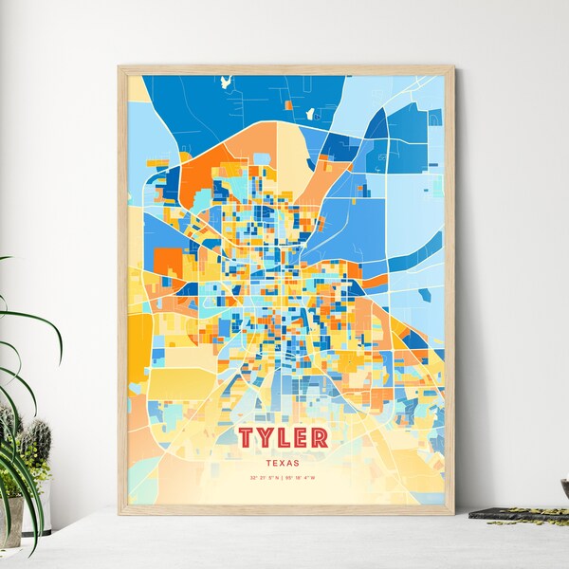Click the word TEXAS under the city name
coord(284,463)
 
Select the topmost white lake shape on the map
coord(226,83)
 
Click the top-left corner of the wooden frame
coord(119,68)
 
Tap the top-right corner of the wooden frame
coord(452,68)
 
